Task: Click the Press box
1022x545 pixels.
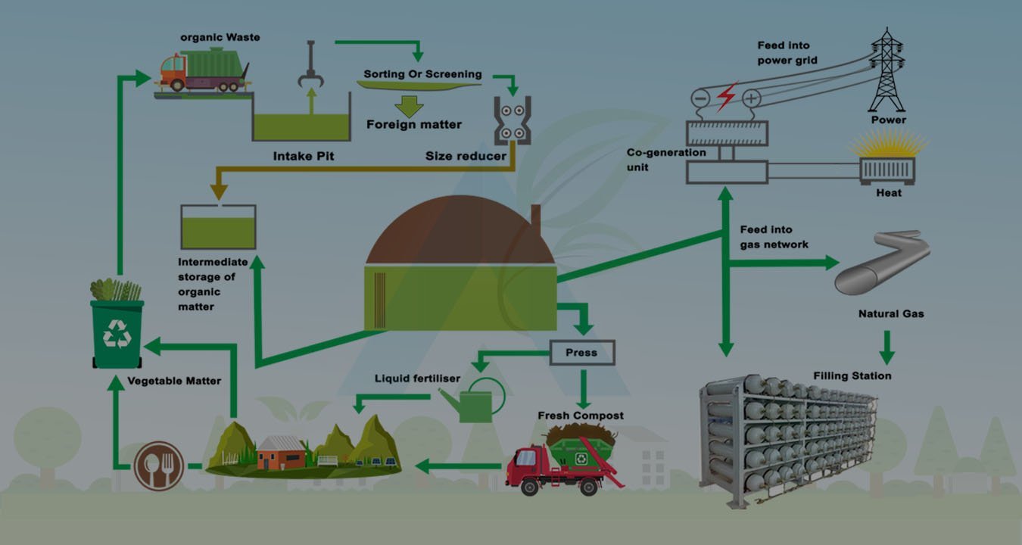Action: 581,353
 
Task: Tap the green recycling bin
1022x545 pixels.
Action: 117,332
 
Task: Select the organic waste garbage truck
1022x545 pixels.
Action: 203,69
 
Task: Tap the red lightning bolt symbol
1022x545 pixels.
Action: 726,97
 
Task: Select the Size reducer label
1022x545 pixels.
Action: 465,156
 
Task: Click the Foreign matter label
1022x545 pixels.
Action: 413,124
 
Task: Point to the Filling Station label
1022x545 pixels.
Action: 852,375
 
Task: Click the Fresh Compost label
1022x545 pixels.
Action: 581,416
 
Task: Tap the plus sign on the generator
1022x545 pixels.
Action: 751,98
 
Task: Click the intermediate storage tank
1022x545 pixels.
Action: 218,227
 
